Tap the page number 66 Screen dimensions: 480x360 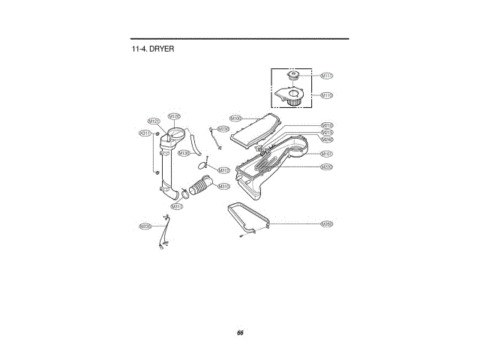240,332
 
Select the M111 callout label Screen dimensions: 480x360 327,76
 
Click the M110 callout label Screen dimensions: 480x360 327,95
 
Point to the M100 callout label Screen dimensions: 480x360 235,118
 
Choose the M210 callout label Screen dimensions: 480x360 327,125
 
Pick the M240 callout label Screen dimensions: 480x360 327,139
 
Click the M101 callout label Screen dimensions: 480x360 327,154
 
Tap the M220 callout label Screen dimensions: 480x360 327,166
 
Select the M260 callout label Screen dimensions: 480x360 327,223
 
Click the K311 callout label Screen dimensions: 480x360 145,133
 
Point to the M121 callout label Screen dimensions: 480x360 153,121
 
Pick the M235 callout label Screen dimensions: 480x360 145,226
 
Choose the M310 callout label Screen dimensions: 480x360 223,186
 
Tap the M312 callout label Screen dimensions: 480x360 223,170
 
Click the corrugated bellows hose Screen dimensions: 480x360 201,185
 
